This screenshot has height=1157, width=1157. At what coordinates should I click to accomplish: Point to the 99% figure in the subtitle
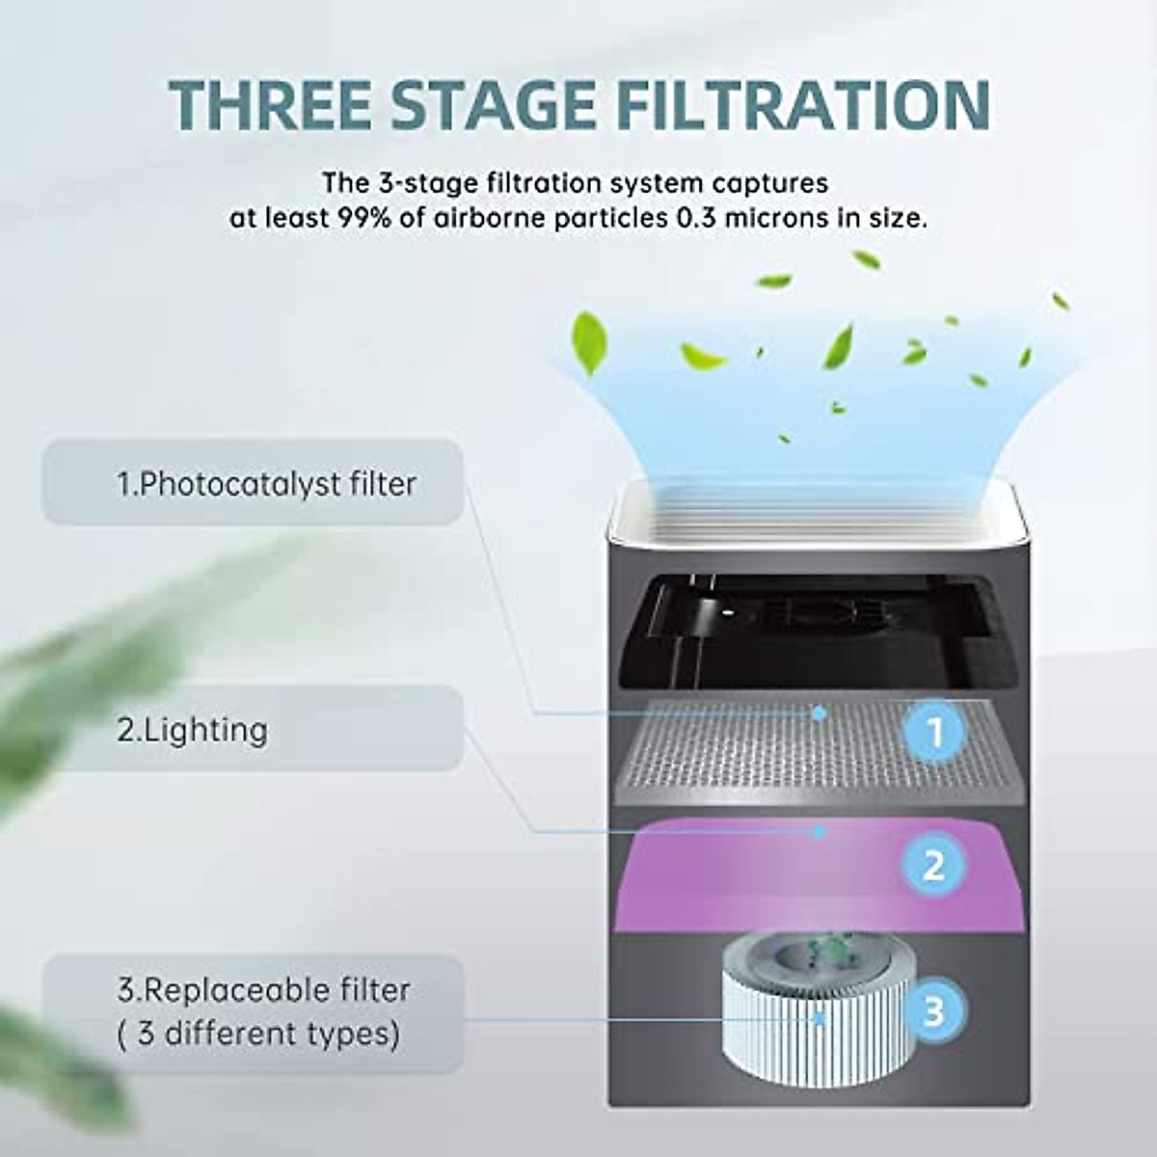[x=365, y=218]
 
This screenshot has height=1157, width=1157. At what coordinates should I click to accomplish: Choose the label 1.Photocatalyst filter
[x=266, y=483]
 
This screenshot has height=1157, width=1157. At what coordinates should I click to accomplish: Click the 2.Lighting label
[x=192, y=730]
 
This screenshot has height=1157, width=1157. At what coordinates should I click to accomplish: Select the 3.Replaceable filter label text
[x=263, y=990]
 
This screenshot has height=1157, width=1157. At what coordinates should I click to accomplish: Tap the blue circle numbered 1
[x=933, y=733]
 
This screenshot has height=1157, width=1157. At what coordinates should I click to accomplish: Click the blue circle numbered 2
[x=933, y=865]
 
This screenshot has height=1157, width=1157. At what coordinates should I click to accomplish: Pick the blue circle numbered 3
[x=933, y=1011]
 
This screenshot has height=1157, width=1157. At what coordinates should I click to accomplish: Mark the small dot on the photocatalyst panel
[x=820, y=713]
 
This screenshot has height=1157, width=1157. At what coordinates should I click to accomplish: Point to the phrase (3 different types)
[x=258, y=1035]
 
